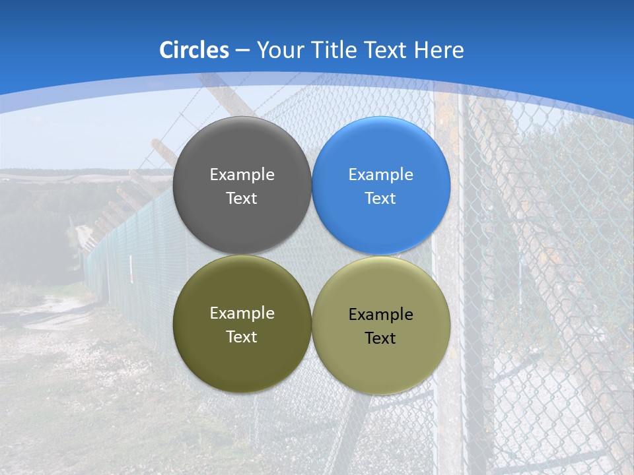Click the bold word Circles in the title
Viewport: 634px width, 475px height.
194,50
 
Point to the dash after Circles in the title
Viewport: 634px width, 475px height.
242,51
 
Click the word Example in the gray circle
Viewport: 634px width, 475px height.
242,175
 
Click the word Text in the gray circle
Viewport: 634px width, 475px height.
242,199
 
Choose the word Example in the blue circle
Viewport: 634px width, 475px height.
381,175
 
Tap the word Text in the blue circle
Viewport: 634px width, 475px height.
381,199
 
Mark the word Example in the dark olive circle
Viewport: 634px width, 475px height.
242,313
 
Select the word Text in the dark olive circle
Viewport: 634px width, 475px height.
242,337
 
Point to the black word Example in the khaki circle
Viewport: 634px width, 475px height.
381,315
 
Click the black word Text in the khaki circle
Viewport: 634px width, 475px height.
381,338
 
